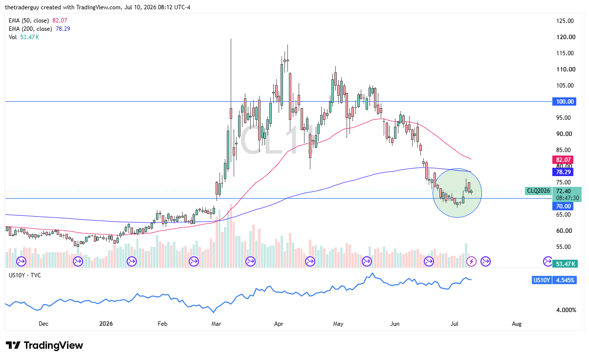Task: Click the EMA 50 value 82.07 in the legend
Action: [60, 21]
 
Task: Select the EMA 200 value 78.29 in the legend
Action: [63, 29]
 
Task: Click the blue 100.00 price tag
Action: [564, 102]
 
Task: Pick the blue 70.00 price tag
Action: [563, 206]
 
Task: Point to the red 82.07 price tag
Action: [563, 160]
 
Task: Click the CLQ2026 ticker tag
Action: [538, 191]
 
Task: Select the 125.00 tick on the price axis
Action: [565, 21]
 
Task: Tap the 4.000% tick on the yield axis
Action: [566, 310]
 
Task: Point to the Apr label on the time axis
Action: [279, 324]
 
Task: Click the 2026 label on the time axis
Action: [106, 324]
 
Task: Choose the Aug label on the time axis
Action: [517, 324]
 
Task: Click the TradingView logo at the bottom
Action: [44, 345]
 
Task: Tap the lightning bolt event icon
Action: [471, 262]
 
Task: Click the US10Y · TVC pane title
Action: [25, 275]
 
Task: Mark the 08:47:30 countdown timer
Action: [567, 198]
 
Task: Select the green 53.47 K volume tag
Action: [565, 264]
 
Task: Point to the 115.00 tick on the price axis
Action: [565, 53]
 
